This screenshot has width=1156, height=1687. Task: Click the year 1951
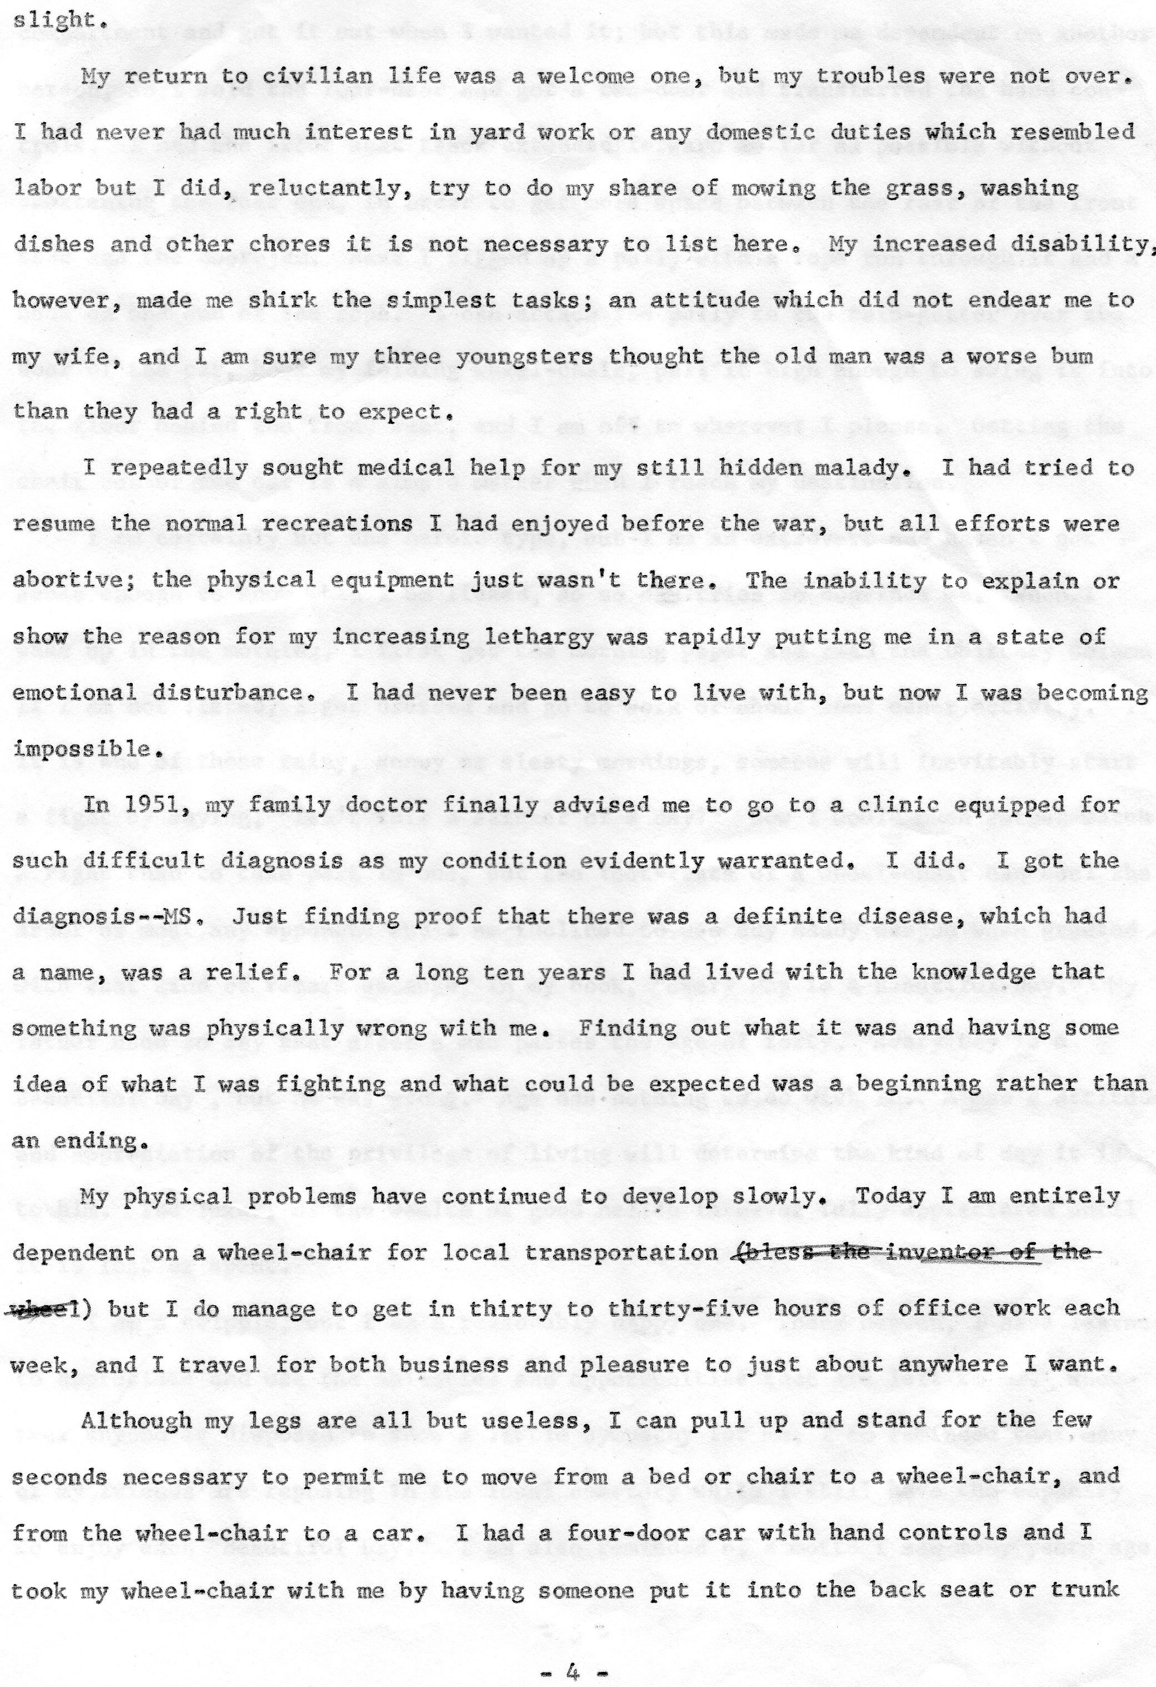[154, 806]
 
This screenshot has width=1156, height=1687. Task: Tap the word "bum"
[1070, 356]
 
